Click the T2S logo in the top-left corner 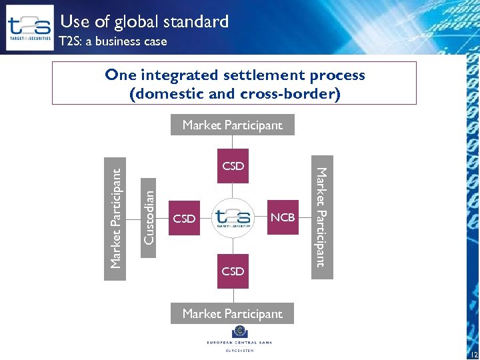coord(29,27)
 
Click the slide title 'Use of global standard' coord(145,22)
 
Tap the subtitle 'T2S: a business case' coord(113,41)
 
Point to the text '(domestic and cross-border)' coord(235,93)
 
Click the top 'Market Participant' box coord(232,125)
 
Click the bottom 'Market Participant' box coord(232,313)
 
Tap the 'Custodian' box coord(150,217)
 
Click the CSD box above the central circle coord(233,166)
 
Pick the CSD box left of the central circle coord(184,218)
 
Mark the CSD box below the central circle coord(233,271)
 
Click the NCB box coord(283,217)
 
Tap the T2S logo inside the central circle coord(233,217)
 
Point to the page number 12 coord(473,355)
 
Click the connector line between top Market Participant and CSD coord(233,142)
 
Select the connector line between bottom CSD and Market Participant coord(233,296)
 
